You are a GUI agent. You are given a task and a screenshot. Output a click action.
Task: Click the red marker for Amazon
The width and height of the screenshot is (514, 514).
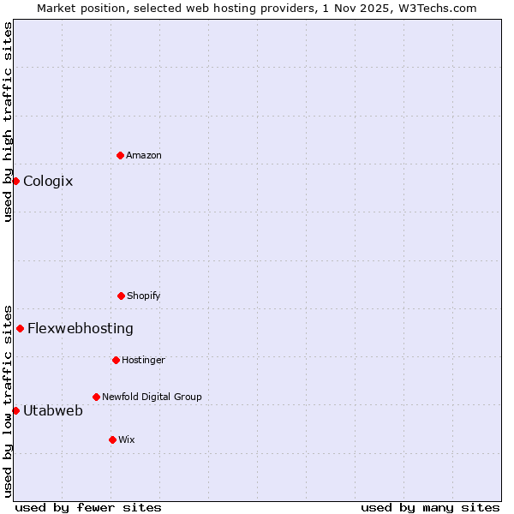pos(120,155)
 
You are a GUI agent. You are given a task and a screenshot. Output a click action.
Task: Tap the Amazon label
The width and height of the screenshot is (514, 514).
pos(144,155)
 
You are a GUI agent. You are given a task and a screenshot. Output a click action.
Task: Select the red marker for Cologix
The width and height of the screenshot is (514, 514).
pos(15,181)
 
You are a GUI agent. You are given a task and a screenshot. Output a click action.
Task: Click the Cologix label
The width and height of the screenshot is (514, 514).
pos(48,181)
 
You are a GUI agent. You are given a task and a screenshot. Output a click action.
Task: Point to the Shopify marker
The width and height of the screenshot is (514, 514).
pos(121,296)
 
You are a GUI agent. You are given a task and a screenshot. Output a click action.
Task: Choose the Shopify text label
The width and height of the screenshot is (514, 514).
pos(144,296)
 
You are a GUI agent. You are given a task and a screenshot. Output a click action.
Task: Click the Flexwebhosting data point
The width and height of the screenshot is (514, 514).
pos(20,328)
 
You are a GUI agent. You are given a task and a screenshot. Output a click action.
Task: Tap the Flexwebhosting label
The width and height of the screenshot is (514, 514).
pos(81,328)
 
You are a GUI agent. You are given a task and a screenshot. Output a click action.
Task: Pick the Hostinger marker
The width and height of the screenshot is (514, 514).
pos(116,360)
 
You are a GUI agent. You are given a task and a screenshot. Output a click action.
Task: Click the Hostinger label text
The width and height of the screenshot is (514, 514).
pos(143,360)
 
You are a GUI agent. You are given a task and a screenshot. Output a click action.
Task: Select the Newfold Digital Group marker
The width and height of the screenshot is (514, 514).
pos(96,397)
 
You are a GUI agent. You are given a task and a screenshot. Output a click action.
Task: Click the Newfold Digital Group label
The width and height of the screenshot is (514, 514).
pos(152,397)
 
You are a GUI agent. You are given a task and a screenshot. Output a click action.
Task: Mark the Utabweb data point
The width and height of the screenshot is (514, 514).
pos(15,410)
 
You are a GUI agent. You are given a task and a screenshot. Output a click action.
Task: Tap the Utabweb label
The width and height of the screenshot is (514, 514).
pos(53,410)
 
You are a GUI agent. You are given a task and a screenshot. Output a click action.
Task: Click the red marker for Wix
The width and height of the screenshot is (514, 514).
pos(112,439)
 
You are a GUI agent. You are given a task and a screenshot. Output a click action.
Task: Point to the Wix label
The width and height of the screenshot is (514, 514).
pos(127,439)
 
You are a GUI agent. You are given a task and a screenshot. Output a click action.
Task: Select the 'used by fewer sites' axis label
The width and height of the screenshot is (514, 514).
pos(88,507)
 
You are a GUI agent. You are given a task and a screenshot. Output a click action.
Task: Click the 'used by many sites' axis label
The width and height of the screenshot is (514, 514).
pos(430,507)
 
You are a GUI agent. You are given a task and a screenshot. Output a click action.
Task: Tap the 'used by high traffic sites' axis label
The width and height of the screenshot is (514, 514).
pos(8,122)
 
